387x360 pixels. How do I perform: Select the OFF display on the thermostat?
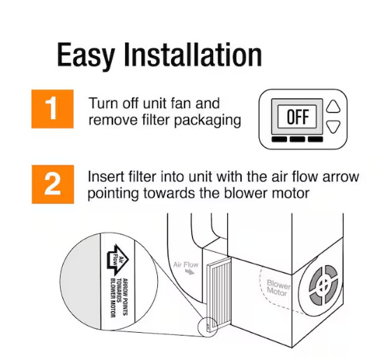(x=297, y=117)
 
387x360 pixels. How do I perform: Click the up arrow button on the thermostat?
(x=334, y=106)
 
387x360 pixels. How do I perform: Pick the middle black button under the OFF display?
(x=297, y=140)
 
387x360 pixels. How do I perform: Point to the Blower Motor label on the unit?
(x=277, y=288)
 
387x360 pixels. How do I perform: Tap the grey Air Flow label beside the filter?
(x=187, y=265)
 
